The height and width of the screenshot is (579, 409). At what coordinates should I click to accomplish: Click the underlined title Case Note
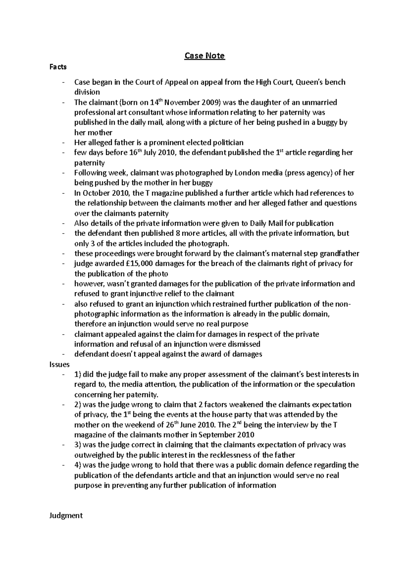pos(204,56)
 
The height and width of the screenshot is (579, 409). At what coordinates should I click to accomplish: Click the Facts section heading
pos(58,67)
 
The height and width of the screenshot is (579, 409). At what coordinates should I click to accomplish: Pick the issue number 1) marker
pos(78,374)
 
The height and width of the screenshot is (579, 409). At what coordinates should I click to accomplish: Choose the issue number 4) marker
pos(78,465)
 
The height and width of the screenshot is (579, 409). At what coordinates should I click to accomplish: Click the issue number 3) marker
pos(78,445)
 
